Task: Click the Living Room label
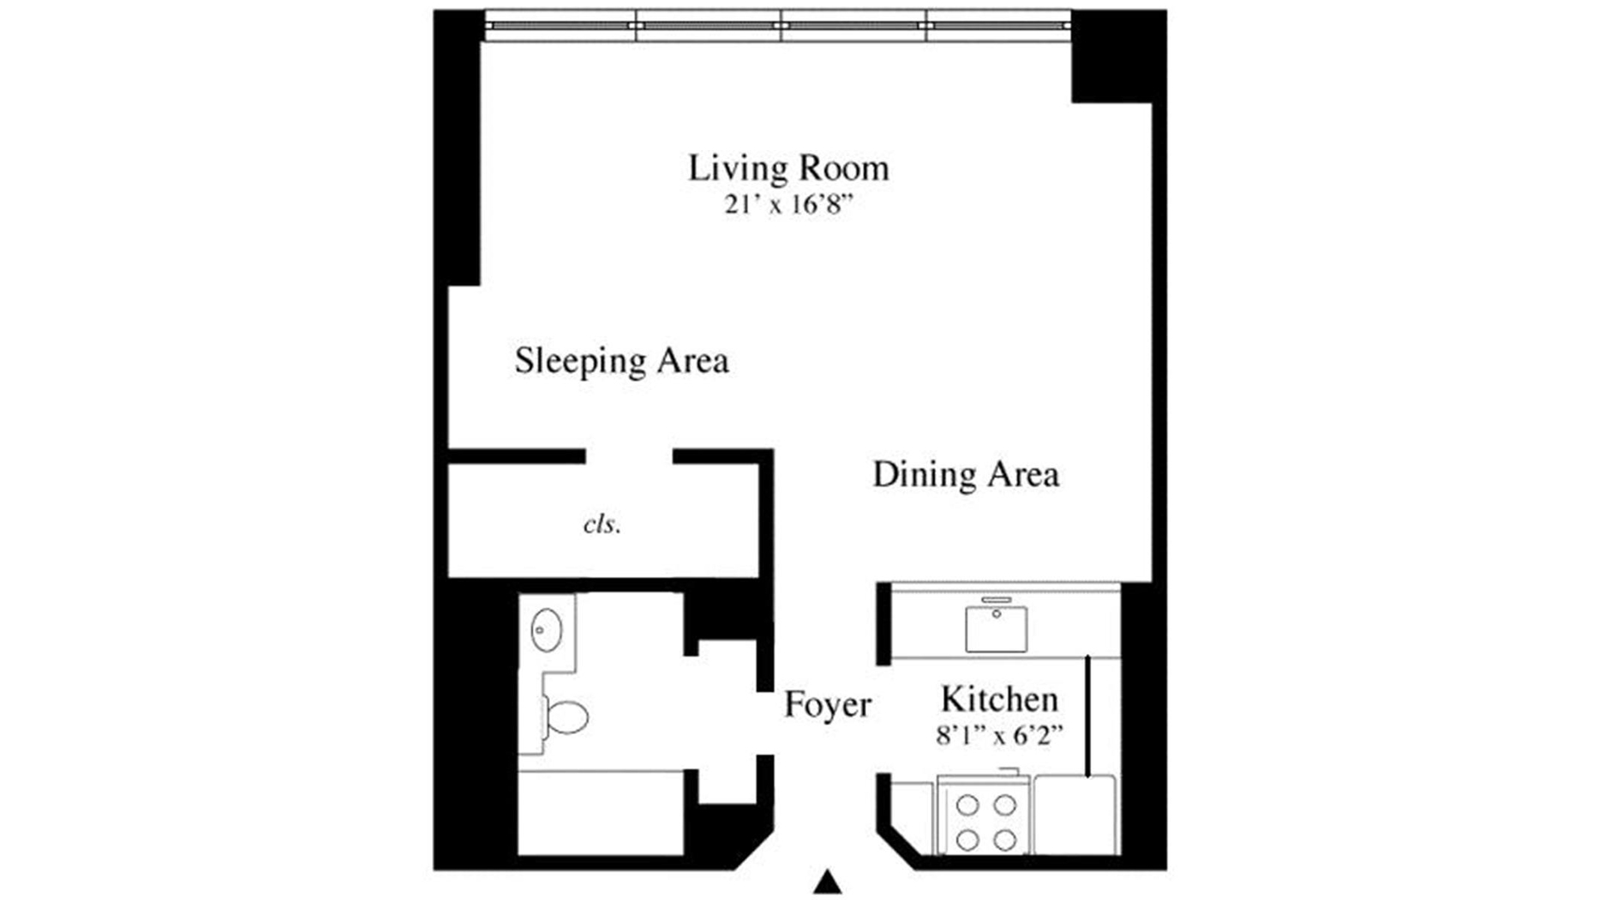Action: tap(788, 169)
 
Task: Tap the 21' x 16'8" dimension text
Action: tap(788, 204)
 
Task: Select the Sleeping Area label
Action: tap(621, 361)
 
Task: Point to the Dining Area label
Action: tap(965, 475)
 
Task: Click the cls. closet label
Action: tap(601, 524)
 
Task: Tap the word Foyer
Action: tap(827, 705)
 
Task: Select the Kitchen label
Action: tap(999, 699)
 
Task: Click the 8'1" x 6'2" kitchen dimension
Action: tap(999, 735)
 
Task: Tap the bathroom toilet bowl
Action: tap(568, 717)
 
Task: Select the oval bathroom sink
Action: tap(546, 630)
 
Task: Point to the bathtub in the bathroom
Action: tap(600, 813)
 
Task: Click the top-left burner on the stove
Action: tap(967, 805)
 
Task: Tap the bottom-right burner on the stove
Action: tap(1005, 839)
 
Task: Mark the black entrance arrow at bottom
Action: tap(827, 882)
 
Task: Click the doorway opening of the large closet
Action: tap(629, 457)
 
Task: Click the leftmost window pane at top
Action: tap(560, 25)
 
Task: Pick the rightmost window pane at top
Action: tap(998, 25)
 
